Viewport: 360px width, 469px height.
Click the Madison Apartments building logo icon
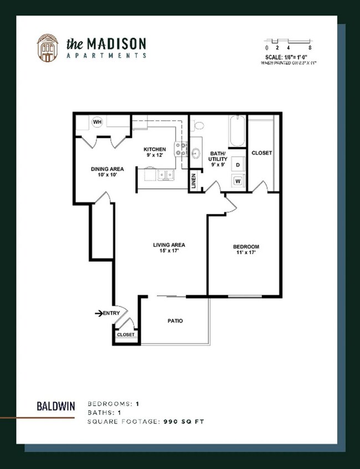pos(47,48)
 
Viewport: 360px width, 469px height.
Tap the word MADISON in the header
pos(117,43)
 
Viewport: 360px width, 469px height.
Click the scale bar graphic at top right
pos(288,42)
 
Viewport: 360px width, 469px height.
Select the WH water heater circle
pos(97,122)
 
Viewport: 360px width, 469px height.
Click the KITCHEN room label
pos(155,150)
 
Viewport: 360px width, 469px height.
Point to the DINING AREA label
pos(107,169)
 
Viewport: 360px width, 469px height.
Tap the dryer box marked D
pos(238,164)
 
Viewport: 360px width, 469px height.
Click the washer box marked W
pos(238,181)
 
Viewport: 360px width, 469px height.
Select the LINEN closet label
pos(194,182)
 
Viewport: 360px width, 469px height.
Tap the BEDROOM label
pos(246,246)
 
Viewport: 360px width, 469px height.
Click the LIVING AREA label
pos(169,245)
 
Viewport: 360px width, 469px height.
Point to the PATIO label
pos(175,321)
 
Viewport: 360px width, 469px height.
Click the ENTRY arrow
pos(99,313)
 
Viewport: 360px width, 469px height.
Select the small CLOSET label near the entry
pos(125,335)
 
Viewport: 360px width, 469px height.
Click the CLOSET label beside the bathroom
pos(261,153)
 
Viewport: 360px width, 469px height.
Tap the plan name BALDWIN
pos(56,405)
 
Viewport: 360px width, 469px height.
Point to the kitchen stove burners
pos(181,148)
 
